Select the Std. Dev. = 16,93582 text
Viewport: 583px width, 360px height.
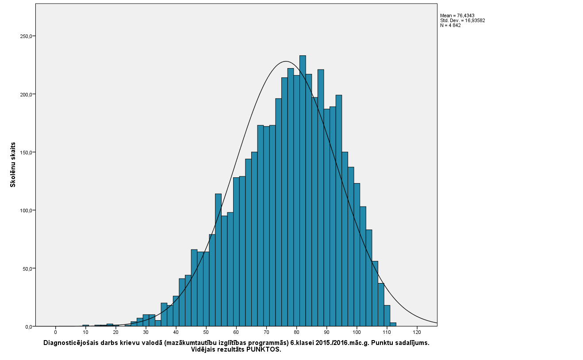pos(463,20)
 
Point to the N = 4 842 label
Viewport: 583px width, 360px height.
pos(450,25)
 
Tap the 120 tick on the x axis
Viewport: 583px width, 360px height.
pos(417,332)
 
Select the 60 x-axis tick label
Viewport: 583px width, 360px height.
pos(236,332)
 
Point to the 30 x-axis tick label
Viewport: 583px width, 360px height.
pos(146,332)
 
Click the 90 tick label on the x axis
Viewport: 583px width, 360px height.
pos(326,332)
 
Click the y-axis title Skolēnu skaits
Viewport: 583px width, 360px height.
pos(13,165)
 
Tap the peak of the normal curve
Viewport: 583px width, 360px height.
pos(286,61)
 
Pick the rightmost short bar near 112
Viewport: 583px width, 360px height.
pos(393,324)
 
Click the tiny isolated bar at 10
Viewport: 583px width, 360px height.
pos(86,326)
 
